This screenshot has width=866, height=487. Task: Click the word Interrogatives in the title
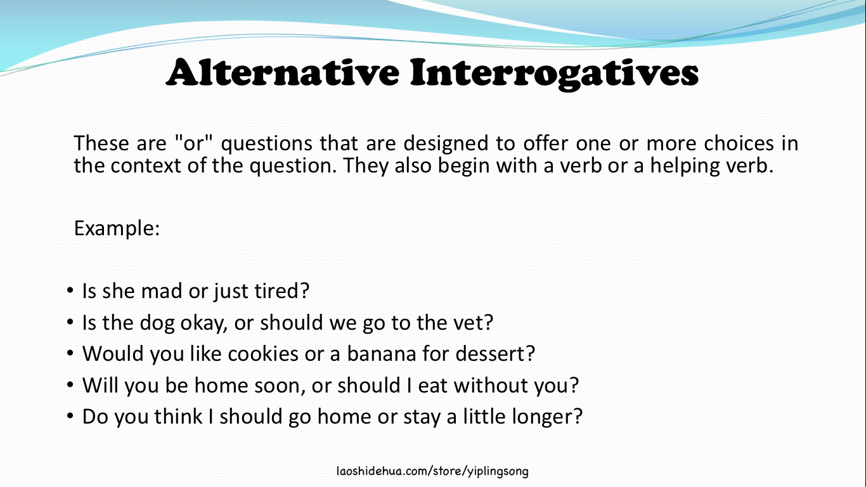554,74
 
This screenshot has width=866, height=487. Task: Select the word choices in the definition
739,143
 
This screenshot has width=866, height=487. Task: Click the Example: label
117,228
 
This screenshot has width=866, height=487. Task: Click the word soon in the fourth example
311,386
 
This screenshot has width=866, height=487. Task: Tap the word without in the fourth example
493,386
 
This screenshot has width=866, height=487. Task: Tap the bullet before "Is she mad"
70,292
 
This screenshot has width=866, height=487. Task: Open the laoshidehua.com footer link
432,471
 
